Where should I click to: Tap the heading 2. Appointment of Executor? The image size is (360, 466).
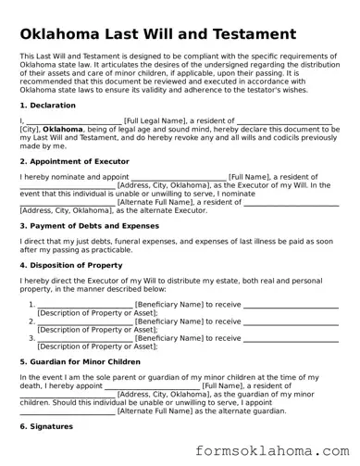tap(77, 160)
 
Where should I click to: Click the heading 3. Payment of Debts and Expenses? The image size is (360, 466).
tap(89, 225)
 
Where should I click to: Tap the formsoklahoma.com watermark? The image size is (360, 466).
tap(278, 450)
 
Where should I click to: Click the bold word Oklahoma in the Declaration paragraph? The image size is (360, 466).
tap(63, 130)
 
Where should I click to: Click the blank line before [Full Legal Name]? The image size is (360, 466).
tap(74, 120)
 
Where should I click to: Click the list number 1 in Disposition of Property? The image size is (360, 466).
tap(31, 303)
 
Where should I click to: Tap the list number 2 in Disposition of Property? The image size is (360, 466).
tap(31, 321)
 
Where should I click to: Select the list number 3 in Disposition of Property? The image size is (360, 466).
tap(31, 338)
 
